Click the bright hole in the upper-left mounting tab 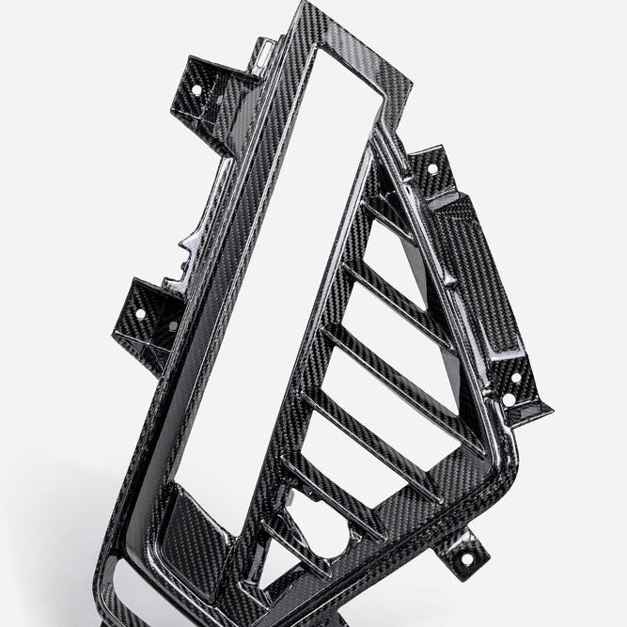pyautogui.click(x=196, y=90)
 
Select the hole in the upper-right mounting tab pyautogui.click(x=432, y=169)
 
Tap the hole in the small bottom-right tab pyautogui.click(x=466, y=559)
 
